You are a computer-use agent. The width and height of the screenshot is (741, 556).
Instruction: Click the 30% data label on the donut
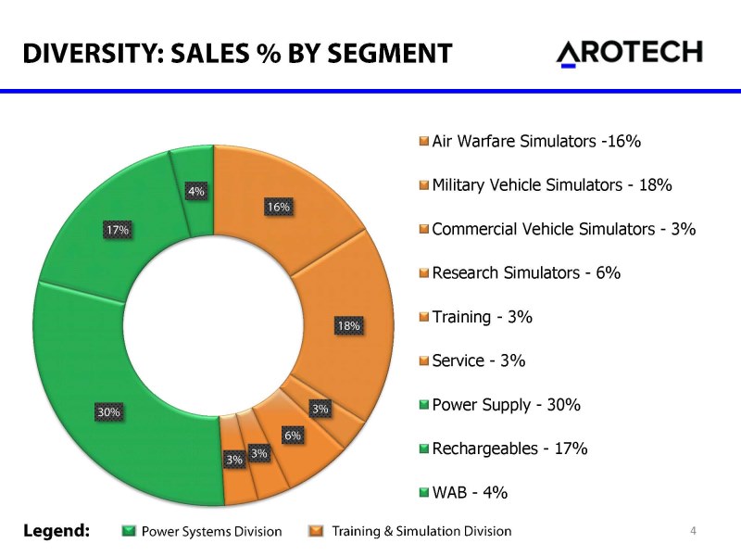109,411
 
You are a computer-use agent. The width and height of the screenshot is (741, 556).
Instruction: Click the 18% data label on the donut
348,325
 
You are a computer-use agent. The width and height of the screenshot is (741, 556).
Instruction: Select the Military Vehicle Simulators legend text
551,185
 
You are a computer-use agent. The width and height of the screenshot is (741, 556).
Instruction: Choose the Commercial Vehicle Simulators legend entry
563,229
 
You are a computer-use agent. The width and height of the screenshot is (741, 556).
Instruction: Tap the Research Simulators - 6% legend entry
525,272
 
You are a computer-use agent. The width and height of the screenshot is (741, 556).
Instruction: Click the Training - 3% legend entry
482,317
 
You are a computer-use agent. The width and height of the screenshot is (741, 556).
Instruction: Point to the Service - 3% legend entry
479,360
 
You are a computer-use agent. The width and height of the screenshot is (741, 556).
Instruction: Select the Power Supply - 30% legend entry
506,405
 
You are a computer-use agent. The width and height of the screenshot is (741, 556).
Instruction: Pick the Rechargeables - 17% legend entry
509,449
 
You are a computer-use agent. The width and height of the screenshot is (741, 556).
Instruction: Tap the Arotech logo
629,53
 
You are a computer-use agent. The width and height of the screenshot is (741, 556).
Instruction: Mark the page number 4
692,530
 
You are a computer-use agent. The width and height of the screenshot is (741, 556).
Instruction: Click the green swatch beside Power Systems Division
129,531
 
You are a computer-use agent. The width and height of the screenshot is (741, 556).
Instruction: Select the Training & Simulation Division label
421,531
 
